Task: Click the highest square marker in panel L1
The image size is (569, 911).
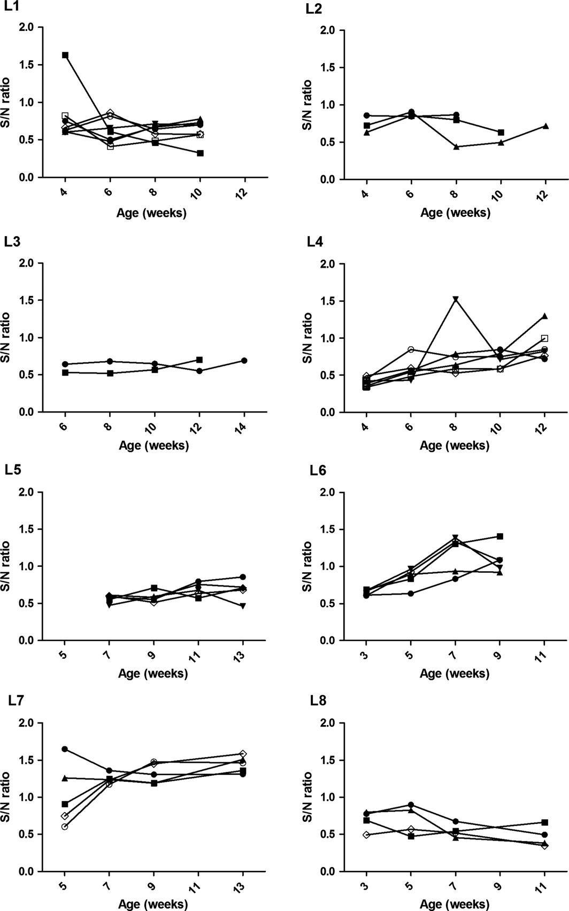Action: (65, 55)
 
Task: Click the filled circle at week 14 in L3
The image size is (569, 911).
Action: (244, 361)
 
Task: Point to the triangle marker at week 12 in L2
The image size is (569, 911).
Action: (545, 126)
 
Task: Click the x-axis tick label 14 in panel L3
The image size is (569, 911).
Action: (244, 425)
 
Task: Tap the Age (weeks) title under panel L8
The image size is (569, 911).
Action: (454, 904)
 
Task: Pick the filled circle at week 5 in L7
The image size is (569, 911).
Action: (65, 749)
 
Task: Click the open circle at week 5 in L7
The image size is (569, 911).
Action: (65, 827)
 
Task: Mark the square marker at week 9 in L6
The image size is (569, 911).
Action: (501, 536)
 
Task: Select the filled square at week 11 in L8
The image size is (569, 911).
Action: (545, 822)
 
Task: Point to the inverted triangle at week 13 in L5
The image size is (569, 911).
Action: (243, 606)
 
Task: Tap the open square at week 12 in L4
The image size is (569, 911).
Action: (545, 338)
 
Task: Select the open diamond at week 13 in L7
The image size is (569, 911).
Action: (243, 754)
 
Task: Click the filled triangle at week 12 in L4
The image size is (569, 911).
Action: (545, 316)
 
